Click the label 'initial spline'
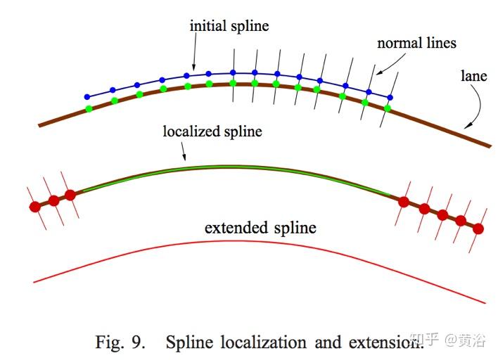(229, 26)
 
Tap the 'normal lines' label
(416, 43)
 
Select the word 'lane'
(473, 76)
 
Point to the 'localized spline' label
(212, 131)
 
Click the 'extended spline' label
(260, 229)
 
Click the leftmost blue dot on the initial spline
(87, 96)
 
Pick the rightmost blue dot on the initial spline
(390, 97)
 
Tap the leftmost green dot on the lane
(89, 108)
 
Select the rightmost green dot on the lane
(387, 108)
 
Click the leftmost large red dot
(34, 207)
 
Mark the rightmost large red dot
(478, 229)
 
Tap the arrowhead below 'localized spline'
(185, 159)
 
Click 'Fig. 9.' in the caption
(121, 342)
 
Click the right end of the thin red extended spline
(485, 303)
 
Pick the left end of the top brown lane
(39, 125)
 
